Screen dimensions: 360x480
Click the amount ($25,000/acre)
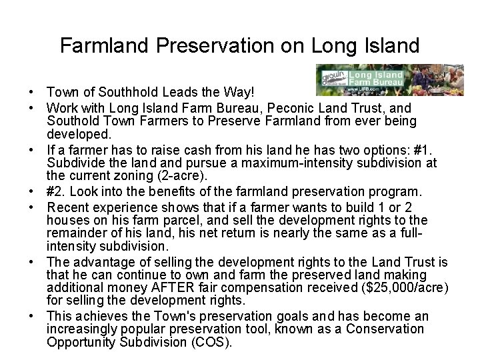pyautogui.click(x=405, y=287)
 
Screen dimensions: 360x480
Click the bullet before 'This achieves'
pyautogui.click(x=32, y=317)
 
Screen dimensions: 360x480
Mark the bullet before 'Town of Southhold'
pyautogui.click(x=32, y=91)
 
